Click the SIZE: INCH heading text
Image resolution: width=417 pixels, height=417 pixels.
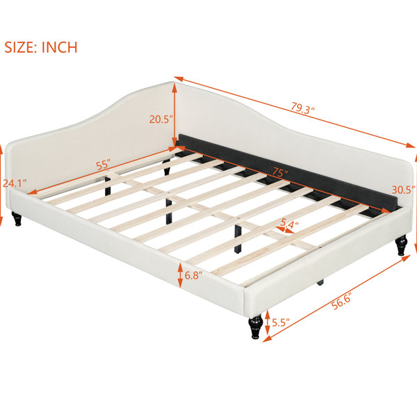coord(41,47)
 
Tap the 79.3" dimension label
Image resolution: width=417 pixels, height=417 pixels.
coord(302,108)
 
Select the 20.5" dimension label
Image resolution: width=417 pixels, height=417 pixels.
coord(161,119)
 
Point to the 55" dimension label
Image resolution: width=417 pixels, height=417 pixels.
coord(103,165)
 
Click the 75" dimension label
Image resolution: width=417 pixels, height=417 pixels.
coord(280,172)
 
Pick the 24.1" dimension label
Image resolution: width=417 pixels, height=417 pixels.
coord(15,183)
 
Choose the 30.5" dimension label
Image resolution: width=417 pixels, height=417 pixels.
coord(403,190)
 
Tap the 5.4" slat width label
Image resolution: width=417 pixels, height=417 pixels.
coord(289,223)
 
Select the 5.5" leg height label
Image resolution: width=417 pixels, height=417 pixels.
coord(281,322)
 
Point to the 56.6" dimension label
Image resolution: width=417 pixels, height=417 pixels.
coord(342,301)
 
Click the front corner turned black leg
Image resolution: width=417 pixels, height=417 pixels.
coord(256,327)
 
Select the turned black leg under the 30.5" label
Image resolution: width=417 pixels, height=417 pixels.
coord(401,245)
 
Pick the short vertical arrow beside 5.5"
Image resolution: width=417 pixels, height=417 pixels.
coord(268,323)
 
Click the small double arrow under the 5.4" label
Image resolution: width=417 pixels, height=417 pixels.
coord(285,230)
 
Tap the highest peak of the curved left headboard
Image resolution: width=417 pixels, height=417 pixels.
coord(170,83)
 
